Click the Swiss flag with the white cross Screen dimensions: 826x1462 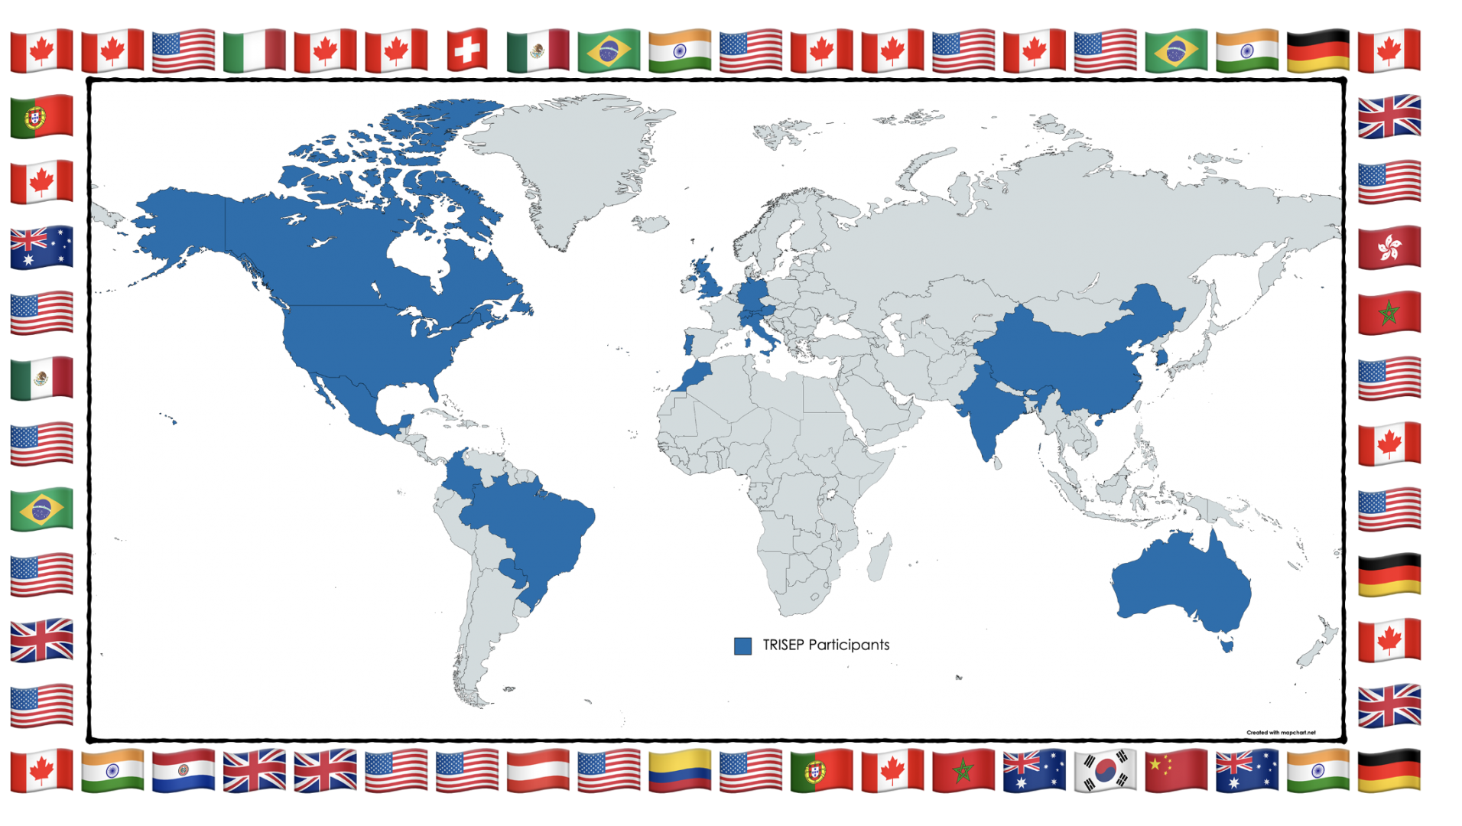tap(466, 50)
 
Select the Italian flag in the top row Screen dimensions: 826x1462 tap(254, 50)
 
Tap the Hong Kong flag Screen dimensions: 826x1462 tap(1389, 247)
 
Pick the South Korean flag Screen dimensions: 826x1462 tap(1105, 769)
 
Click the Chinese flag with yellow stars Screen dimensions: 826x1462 tap(1176, 769)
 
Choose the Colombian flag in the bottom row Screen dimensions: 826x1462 tap(679, 769)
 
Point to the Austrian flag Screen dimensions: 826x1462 tap(538, 769)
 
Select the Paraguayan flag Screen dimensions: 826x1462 tap(183, 769)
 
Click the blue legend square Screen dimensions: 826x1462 tap(742, 646)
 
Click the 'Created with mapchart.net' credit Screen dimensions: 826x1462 tap(1281, 732)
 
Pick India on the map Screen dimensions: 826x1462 tap(986, 413)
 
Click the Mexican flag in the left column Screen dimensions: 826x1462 tap(41, 378)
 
